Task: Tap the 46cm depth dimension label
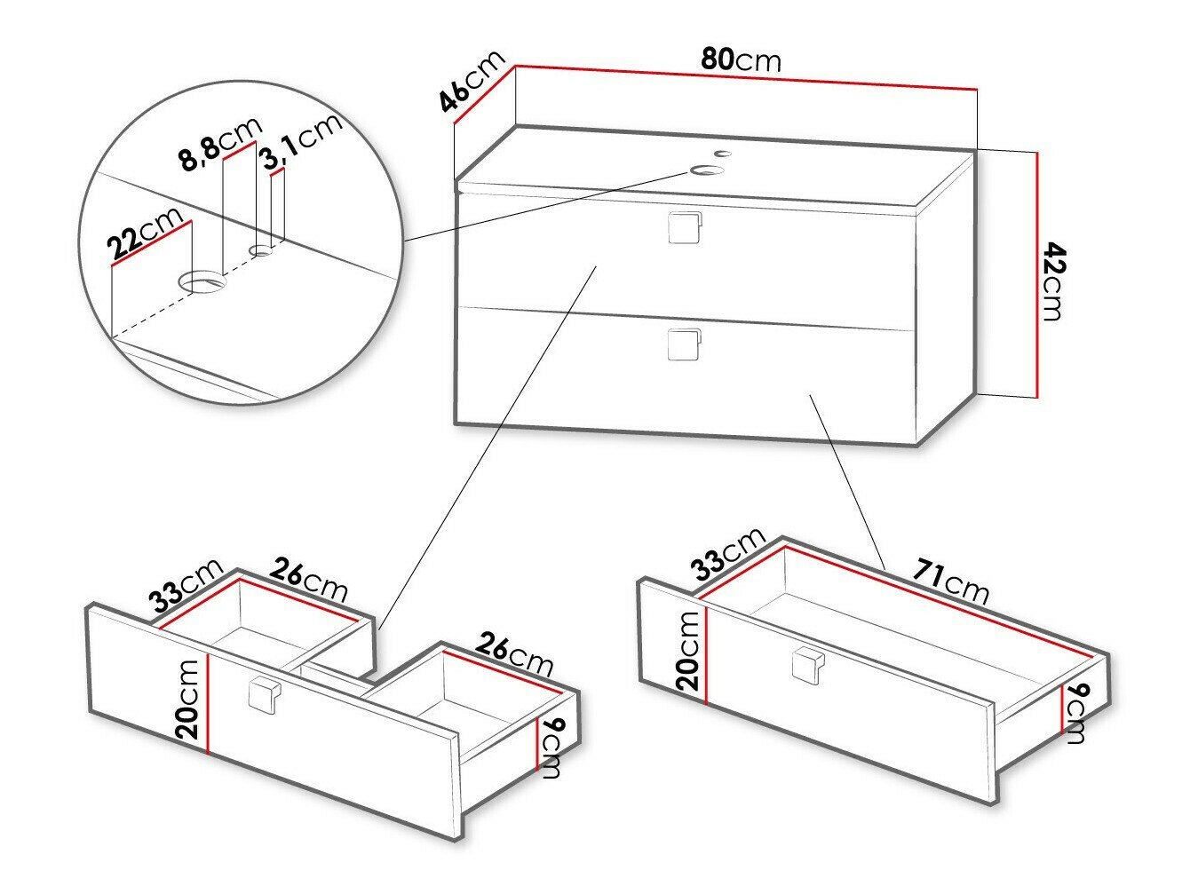click(x=472, y=83)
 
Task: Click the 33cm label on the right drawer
click(x=729, y=553)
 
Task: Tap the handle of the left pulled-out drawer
click(x=264, y=694)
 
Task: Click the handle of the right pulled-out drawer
click(x=805, y=665)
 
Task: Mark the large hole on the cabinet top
click(x=708, y=170)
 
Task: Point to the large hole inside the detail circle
click(x=204, y=283)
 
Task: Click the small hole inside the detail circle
click(x=262, y=251)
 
